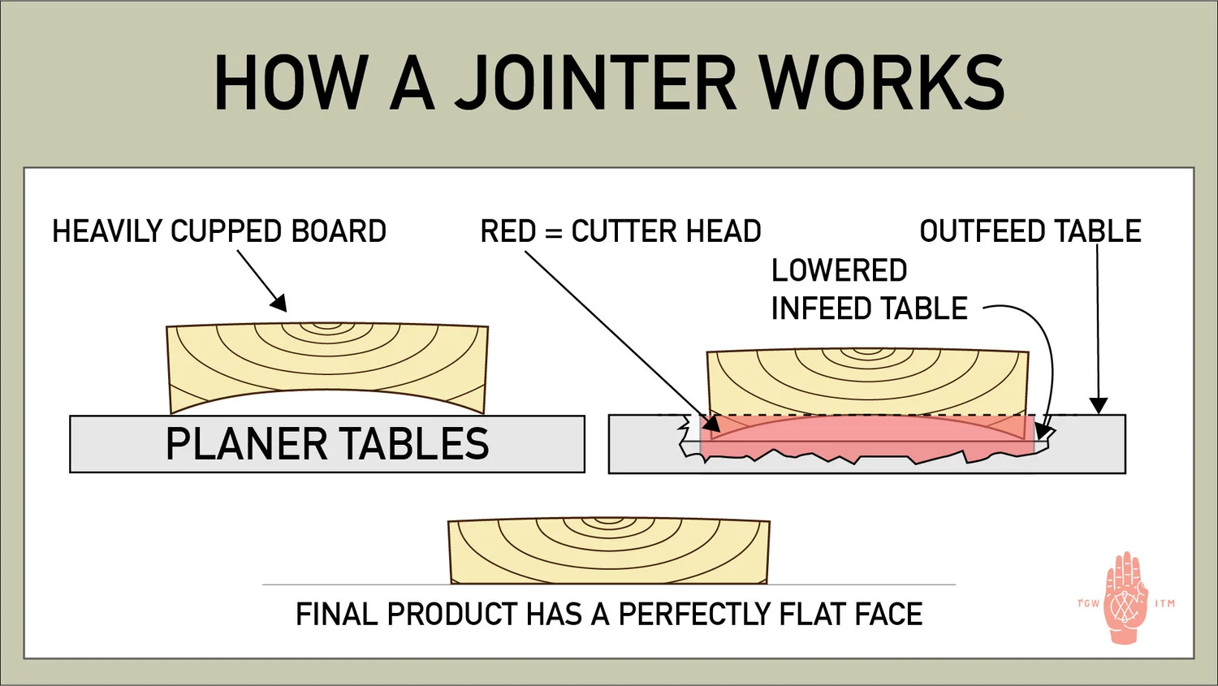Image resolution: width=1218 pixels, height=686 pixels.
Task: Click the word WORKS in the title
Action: pos(882,83)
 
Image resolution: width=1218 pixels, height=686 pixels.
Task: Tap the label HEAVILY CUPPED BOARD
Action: pos(219,231)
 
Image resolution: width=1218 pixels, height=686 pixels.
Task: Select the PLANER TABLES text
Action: pos(327,444)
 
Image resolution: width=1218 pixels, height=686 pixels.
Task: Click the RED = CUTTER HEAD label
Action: pos(620,231)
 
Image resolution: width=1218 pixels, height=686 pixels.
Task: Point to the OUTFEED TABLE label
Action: pos(1030,231)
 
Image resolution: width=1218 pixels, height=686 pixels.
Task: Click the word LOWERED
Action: pos(839,270)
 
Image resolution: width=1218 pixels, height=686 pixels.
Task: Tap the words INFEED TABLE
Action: pos(869,308)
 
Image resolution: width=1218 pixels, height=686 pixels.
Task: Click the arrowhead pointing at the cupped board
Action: pos(279,304)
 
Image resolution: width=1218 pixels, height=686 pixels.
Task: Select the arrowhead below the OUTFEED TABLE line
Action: pos(1098,405)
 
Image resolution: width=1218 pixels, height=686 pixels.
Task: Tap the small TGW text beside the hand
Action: pos(1088,603)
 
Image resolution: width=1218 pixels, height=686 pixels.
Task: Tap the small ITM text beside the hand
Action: pos(1165,603)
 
